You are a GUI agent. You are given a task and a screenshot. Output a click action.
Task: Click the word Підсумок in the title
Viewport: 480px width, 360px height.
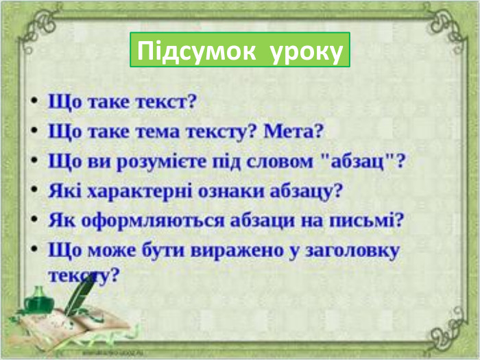click(x=194, y=51)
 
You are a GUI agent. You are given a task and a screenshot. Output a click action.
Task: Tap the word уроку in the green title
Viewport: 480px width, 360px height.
click(x=306, y=51)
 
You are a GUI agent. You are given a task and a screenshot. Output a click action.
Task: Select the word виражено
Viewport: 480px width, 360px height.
click(x=221, y=251)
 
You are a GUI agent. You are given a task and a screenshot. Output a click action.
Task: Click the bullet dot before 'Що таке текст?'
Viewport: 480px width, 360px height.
click(x=33, y=101)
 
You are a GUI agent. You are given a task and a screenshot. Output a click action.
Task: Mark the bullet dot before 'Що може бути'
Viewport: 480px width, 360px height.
click(x=33, y=249)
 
